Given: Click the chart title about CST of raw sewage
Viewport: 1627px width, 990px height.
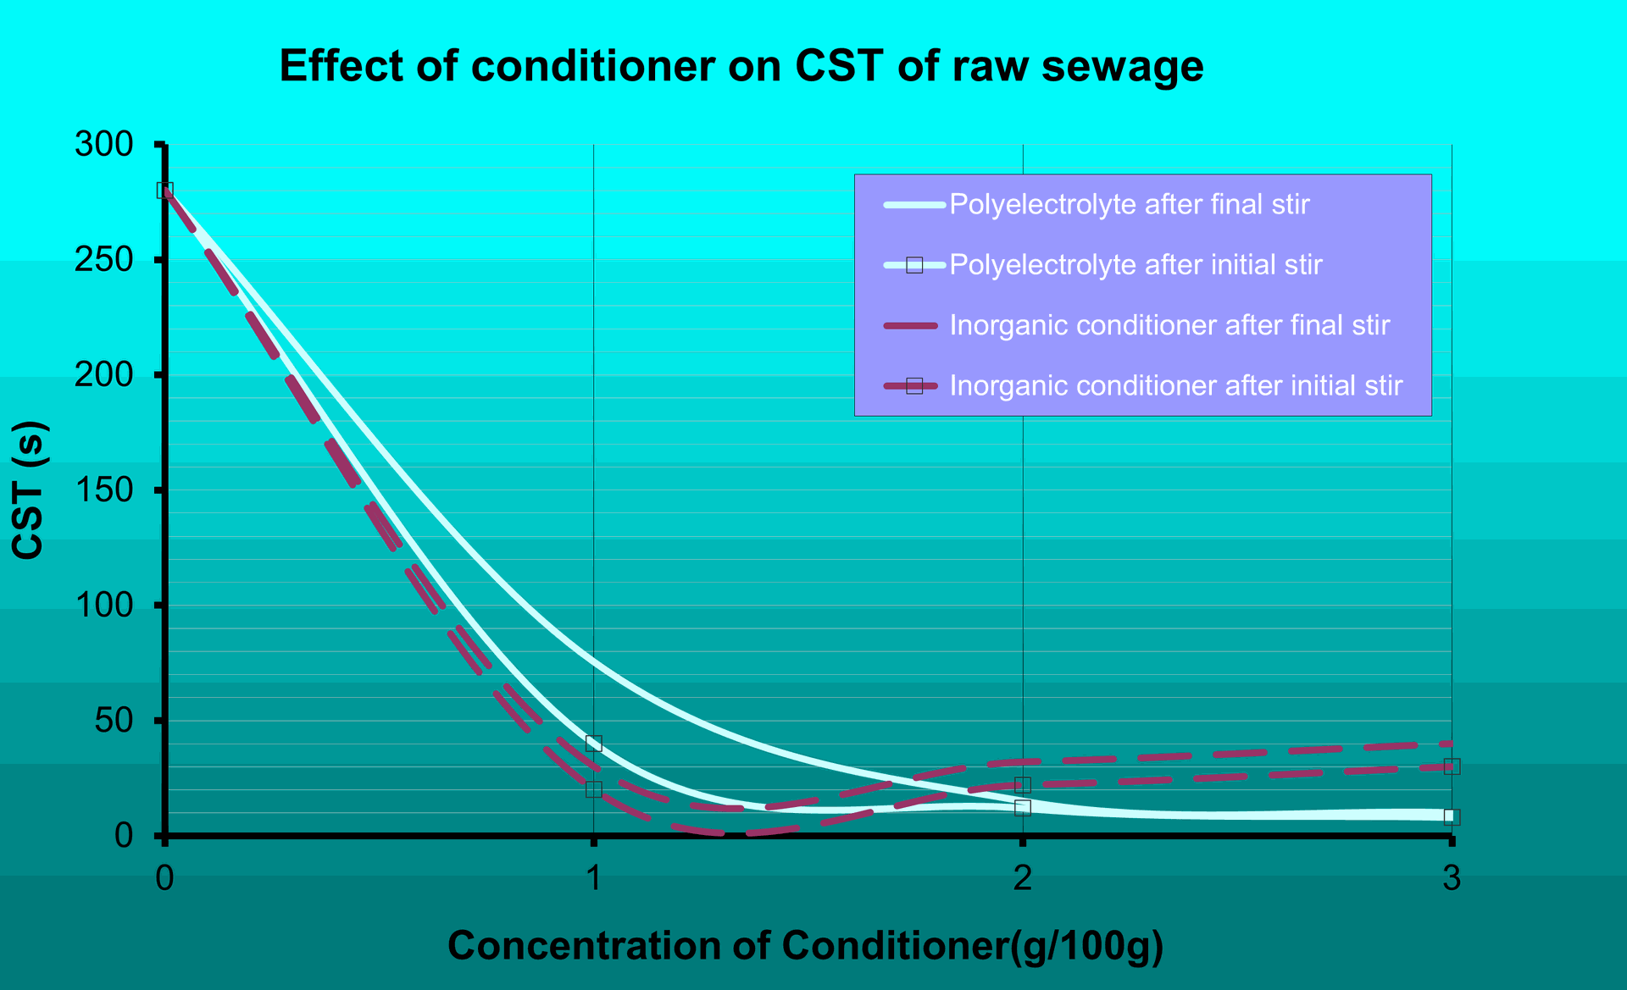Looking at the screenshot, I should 741,66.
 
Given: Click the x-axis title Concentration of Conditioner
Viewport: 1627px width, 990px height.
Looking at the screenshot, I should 805,945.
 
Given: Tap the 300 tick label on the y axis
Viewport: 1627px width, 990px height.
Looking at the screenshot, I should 105,145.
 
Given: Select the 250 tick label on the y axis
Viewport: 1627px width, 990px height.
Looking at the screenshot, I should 105,260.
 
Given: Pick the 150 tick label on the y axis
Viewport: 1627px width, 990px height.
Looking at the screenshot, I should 105,490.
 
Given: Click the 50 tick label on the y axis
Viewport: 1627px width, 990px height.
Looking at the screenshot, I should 114,721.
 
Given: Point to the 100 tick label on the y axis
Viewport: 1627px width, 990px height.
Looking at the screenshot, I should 105,606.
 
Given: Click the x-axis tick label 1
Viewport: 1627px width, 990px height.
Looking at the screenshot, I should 594,878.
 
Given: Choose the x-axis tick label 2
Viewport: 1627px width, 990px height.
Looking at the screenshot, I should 1023,878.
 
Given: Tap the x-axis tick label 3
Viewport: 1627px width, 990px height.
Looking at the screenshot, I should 1452,878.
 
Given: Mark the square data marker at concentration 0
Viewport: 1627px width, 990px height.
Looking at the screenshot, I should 165,191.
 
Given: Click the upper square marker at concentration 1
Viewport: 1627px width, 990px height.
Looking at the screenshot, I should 594,744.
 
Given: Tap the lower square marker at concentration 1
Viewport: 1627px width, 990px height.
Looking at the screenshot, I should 594,789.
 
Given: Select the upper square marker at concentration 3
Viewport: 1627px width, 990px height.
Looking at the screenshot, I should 1452,766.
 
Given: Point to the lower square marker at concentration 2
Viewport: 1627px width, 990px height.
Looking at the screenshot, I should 1023,808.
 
